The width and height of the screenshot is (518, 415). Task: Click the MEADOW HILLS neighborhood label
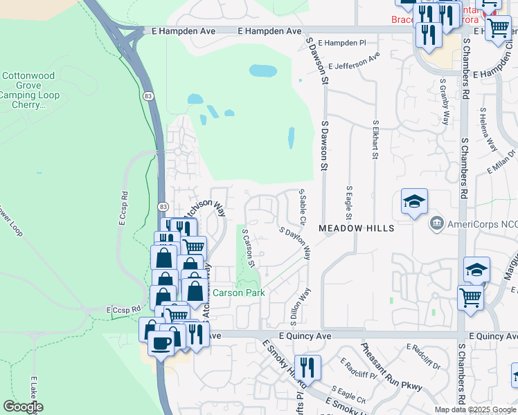(x=356, y=228)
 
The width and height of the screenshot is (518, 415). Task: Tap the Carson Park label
(x=238, y=293)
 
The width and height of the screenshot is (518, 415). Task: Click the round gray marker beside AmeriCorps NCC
(x=437, y=223)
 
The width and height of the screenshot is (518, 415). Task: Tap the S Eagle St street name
(x=349, y=201)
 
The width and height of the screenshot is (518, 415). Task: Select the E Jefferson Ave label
(x=355, y=62)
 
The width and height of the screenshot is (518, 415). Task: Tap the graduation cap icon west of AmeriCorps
(x=414, y=201)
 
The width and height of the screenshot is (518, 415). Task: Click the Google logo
(x=23, y=407)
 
